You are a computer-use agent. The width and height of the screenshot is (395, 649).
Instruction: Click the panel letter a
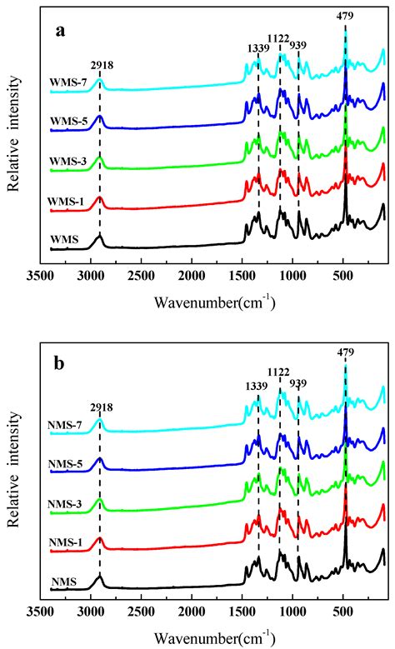(61, 32)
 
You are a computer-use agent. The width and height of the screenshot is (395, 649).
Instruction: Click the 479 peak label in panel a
(345, 14)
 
